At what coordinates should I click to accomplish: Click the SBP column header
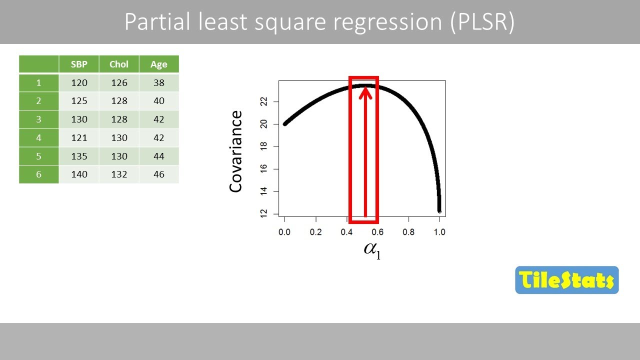click(x=79, y=64)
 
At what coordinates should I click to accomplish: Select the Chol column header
click(x=119, y=64)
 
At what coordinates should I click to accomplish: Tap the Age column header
click(x=159, y=64)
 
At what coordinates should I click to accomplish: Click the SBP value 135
click(x=79, y=156)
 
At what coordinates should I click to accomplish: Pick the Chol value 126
click(x=119, y=83)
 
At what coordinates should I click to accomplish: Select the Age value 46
click(x=159, y=174)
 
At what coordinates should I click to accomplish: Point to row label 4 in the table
click(x=38, y=138)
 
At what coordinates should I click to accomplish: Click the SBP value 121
click(x=79, y=138)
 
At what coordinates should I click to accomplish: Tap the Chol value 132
click(x=119, y=174)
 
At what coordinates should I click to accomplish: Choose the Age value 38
click(x=159, y=83)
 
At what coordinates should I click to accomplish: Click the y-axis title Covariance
click(x=235, y=151)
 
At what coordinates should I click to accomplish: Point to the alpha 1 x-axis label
click(x=372, y=250)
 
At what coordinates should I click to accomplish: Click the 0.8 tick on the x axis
click(x=408, y=232)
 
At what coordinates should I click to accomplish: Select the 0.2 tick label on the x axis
click(x=315, y=232)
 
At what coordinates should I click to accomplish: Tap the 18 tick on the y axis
click(x=264, y=146)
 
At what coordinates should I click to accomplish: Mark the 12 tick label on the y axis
click(x=264, y=213)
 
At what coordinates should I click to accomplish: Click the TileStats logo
click(x=566, y=280)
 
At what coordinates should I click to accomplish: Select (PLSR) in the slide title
click(x=482, y=22)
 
